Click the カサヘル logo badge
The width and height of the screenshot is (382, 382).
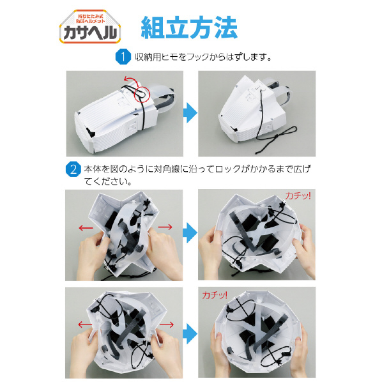coord(90,27)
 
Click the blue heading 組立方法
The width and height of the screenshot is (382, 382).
coord(189,27)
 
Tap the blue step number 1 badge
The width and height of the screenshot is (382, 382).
coord(123,57)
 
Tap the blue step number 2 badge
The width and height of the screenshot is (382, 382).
coord(73,169)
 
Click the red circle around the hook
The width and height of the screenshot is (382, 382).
coord(142,93)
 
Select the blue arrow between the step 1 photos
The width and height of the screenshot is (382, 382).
coord(190,113)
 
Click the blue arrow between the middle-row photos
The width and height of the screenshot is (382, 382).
coord(190,233)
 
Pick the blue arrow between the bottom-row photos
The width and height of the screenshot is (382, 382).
coord(190,333)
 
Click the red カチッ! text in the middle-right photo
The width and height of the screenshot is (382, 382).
coord(298,196)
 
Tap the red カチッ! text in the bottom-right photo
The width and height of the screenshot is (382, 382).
coord(215,295)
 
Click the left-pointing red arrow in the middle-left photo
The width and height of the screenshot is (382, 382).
coord(86,228)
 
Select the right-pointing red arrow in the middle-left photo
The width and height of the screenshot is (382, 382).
coord(165,227)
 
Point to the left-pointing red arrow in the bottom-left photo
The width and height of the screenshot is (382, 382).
coord(85,325)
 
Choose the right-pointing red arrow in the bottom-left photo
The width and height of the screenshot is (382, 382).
coord(166,325)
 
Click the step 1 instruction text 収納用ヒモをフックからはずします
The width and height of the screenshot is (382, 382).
coord(203,57)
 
